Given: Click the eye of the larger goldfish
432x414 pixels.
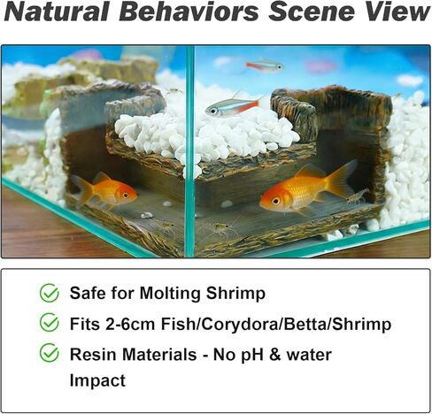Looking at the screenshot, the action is point(276,202).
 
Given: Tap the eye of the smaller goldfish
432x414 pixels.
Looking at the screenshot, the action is point(126,195).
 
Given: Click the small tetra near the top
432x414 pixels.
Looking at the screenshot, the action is point(265,65).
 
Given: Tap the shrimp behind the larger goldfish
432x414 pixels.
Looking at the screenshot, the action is point(358,196).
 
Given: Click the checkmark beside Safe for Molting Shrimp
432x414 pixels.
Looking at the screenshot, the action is point(50,293).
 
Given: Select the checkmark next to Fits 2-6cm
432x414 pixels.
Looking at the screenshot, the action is point(50,323).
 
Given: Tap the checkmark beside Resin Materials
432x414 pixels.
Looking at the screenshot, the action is point(50,353).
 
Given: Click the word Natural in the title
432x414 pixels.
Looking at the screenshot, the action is point(57,11).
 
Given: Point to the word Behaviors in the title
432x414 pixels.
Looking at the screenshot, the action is point(189,11).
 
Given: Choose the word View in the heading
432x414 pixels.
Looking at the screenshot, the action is point(395,11).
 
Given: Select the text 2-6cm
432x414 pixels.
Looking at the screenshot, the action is point(130,324).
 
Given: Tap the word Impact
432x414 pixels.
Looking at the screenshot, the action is point(97,380).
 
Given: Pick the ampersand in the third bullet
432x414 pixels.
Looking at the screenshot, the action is point(274,355).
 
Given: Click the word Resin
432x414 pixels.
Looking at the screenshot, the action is point(94,354).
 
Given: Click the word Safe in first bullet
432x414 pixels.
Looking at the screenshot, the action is point(88,293).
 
